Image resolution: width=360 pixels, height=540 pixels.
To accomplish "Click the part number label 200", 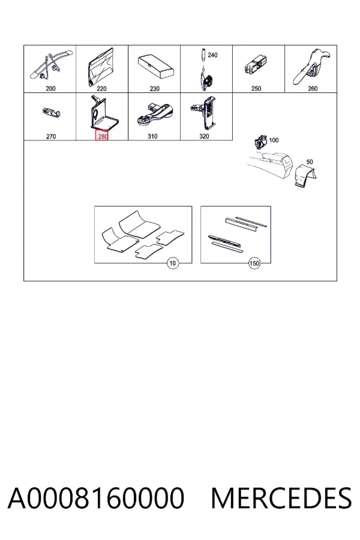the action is click(x=50, y=89).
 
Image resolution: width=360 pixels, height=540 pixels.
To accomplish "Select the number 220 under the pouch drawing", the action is click(x=101, y=89).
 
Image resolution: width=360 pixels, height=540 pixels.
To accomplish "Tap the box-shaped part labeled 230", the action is click(x=155, y=67).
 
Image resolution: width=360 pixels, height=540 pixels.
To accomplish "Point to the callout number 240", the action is click(x=212, y=55).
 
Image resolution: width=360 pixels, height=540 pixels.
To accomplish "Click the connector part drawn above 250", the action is click(x=256, y=64).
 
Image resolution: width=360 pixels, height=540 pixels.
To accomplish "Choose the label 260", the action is click(x=313, y=89).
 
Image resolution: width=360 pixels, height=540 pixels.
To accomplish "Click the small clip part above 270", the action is click(x=52, y=112).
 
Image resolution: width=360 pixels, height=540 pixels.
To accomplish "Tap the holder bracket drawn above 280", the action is click(x=103, y=113).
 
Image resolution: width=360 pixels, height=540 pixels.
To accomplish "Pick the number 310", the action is click(x=152, y=136).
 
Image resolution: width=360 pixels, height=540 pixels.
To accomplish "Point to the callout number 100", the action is click(x=274, y=140).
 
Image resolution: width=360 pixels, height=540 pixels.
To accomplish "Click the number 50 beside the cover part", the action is click(x=310, y=162).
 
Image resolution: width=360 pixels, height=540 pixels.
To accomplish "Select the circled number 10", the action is click(x=173, y=263).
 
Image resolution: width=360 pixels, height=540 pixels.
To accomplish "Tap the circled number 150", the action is click(x=254, y=263).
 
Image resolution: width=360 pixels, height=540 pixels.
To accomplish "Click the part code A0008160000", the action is click(x=96, y=498).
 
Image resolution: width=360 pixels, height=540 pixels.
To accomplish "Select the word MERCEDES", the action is click(x=281, y=498).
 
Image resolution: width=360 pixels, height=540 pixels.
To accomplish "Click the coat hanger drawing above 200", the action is click(x=51, y=66).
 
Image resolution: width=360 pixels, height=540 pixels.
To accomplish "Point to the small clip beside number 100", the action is click(x=261, y=141).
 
